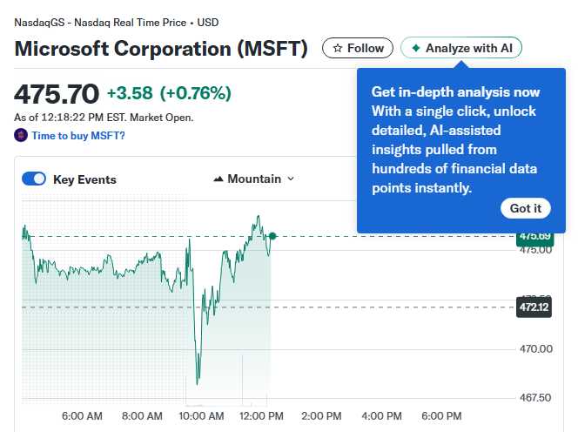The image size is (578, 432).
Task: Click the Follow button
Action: (358, 48)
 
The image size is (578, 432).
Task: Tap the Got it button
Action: (526, 208)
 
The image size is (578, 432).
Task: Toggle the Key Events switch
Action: (34, 179)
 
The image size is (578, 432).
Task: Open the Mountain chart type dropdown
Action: (253, 179)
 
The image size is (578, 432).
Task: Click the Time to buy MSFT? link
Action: (77, 135)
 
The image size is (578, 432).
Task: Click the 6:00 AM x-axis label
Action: (83, 416)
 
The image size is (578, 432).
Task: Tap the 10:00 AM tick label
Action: (203, 416)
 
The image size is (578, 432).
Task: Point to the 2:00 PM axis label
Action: (322, 416)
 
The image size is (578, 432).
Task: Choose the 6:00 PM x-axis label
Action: (441, 416)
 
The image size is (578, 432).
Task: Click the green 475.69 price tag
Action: (534, 236)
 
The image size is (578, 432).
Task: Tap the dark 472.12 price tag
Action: (534, 307)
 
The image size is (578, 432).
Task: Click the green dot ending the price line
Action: (272, 236)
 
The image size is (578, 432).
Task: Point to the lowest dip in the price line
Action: (198, 382)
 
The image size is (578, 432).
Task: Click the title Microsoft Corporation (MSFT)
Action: (161, 48)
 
